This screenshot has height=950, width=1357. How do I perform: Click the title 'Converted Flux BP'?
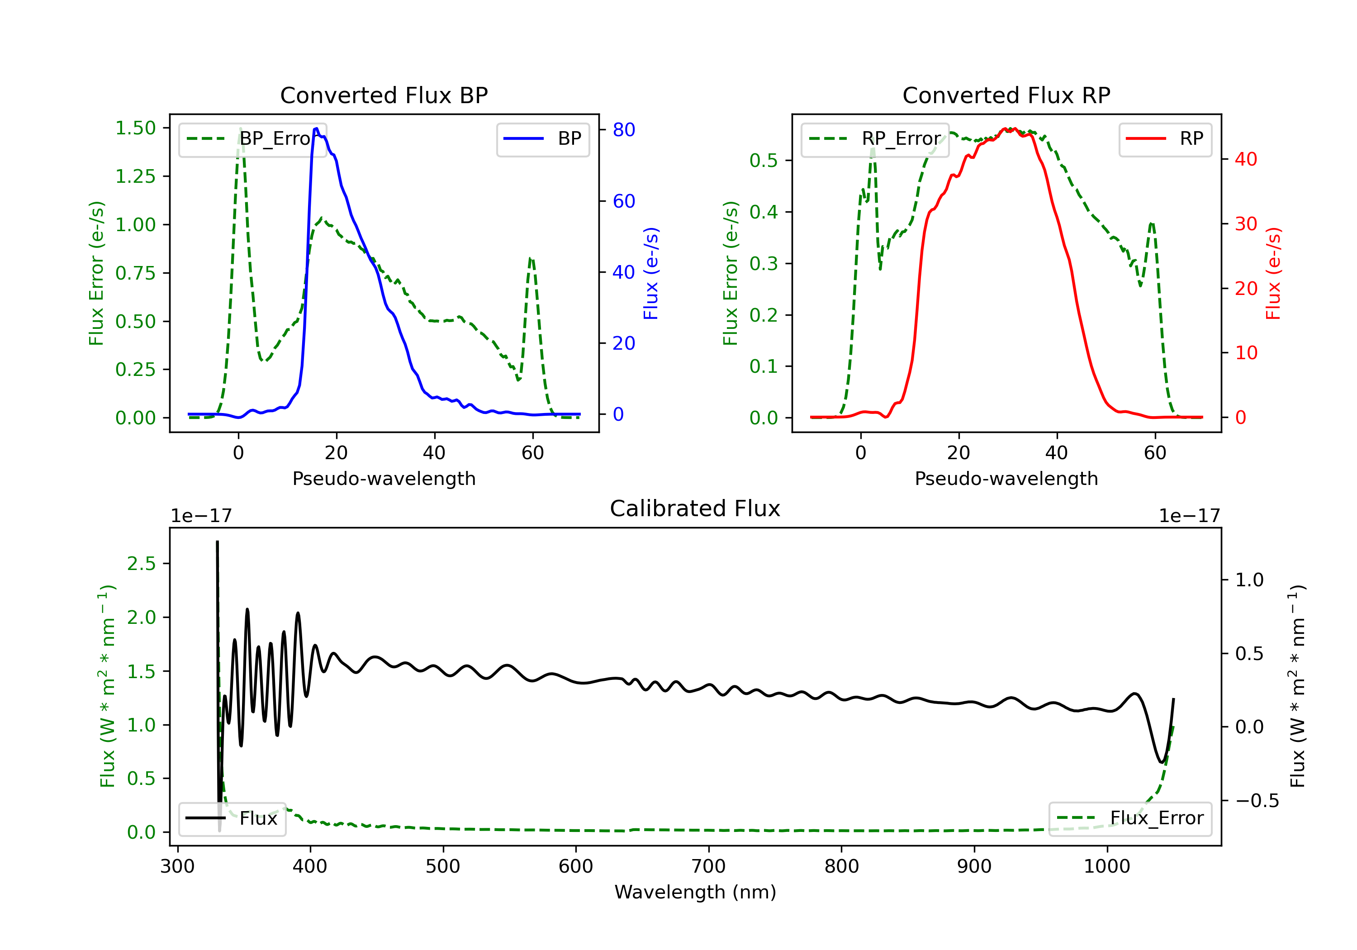[x=384, y=95]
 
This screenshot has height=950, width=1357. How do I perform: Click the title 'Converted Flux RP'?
[x=1006, y=95]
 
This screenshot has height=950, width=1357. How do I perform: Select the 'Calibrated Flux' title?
[x=695, y=508]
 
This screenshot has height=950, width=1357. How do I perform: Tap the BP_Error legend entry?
[x=253, y=139]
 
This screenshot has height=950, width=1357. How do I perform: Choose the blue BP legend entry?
[x=543, y=139]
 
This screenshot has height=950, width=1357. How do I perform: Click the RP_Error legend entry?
[x=875, y=139]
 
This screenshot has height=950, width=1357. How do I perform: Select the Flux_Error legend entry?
[x=1130, y=818]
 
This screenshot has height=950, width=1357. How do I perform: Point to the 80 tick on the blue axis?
[x=623, y=130]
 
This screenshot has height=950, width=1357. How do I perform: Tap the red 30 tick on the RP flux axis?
[x=1246, y=224]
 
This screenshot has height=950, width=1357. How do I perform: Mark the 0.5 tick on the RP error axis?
[x=764, y=160]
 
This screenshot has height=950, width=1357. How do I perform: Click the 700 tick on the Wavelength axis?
[x=709, y=867]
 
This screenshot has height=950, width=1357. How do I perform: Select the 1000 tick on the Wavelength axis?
[x=1107, y=867]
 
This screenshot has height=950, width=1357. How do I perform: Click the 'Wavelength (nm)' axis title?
[x=695, y=892]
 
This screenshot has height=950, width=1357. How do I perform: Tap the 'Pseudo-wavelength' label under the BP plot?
[x=384, y=478]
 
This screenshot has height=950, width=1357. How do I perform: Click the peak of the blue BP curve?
[x=316, y=128]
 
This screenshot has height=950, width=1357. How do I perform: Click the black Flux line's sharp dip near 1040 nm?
[x=1162, y=762]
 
